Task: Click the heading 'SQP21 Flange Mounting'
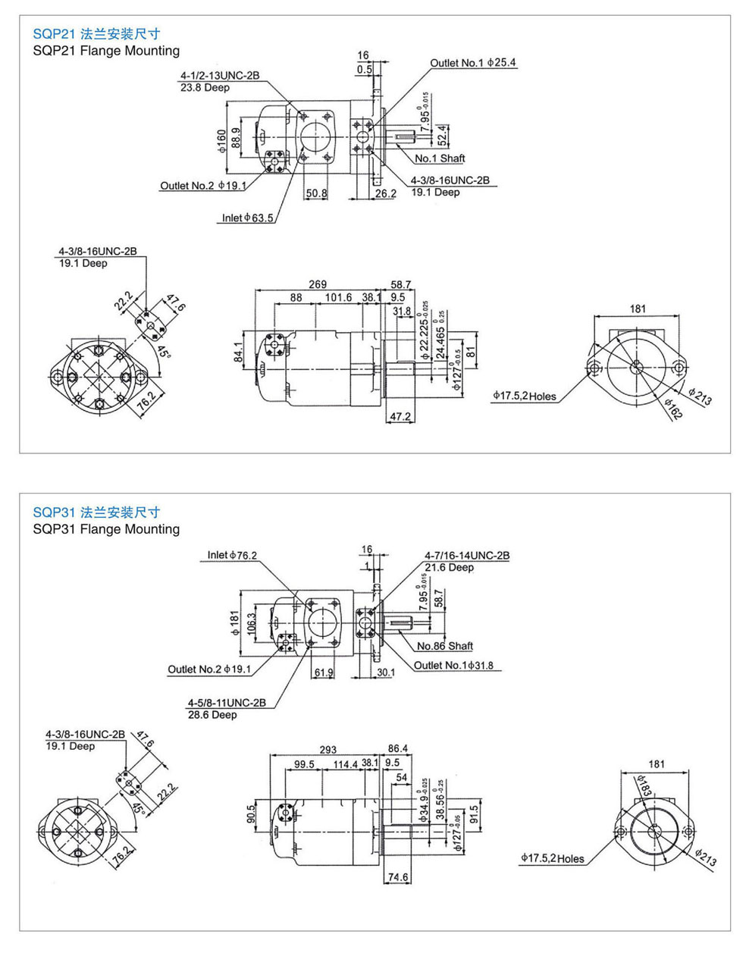click(x=106, y=51)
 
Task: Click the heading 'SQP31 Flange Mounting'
click(x=106, y=529)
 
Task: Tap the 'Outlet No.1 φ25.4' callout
click(x=473, y=63)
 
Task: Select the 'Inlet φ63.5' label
click(x=247, y=218)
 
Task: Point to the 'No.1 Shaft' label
click(x=440, y=158)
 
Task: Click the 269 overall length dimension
click(x=318, y=284)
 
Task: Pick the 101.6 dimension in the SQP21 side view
click(x=338, y=298)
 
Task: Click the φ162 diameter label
click(x=672, y=409)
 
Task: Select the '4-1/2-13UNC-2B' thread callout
click(x=220, y=76)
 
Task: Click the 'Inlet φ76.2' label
click(x=232, y=556)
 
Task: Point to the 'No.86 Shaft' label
click(x=445, y=646)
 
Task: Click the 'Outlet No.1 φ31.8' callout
click(x=453, y=666)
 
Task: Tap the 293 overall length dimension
click(x=327, y=750)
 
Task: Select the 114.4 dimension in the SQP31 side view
click(x=345, y=764)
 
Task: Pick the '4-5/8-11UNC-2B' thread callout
click(x=227, y=703)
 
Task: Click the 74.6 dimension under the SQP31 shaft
click(x=398, y=877)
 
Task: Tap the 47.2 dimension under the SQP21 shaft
click(x=400, y=417)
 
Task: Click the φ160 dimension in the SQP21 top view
click(x=221, y=139)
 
